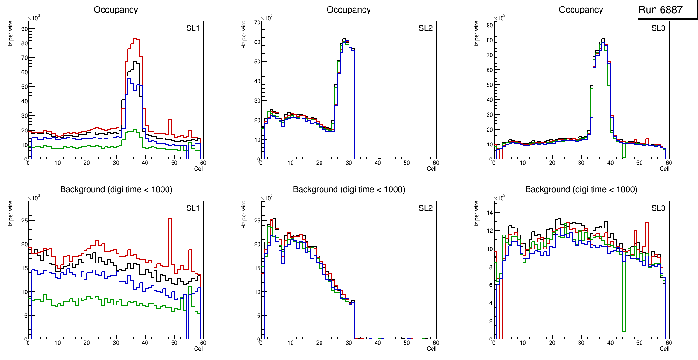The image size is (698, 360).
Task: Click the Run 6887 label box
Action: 663,10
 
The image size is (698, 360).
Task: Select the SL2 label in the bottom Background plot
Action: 426,208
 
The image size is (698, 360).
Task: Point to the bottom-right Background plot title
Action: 581,189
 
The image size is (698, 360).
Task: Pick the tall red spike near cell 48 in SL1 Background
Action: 170,219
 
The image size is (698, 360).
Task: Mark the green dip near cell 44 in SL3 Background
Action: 623,331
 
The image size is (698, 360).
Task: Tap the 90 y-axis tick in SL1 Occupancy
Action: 23,28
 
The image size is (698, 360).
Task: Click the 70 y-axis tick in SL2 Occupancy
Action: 256,22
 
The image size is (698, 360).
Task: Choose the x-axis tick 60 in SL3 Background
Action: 668,343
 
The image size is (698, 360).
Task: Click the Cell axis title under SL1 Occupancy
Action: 199,169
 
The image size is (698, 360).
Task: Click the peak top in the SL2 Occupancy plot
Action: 344,39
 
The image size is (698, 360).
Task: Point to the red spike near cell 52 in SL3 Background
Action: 647,223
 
